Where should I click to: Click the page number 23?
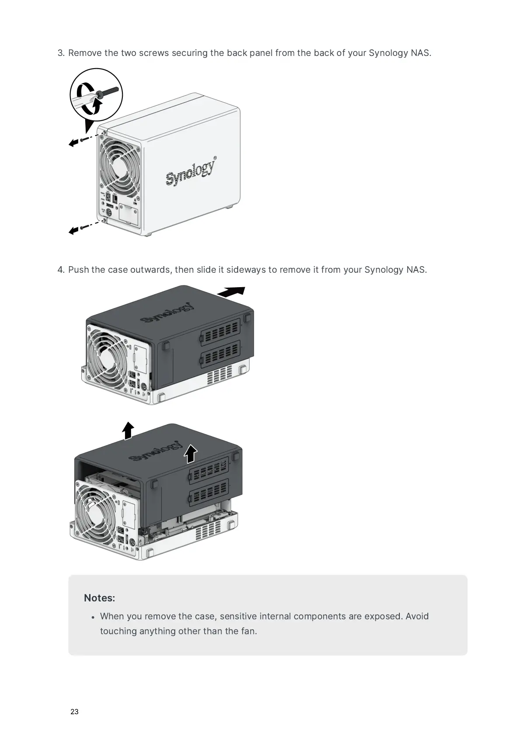click(x=74, y=712)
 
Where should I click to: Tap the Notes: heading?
click(x=99, y=598)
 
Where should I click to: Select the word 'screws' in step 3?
click(x=153, y=53)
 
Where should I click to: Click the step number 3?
click(x=61, y=53)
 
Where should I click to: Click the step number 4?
click(x=61, y=269)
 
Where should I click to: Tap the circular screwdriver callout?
click(x=96, y=95)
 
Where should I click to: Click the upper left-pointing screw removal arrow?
click(x=74, y=142)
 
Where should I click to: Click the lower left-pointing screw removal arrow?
click(x=74, y=230)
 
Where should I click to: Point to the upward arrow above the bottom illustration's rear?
click(x=128, y=430)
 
